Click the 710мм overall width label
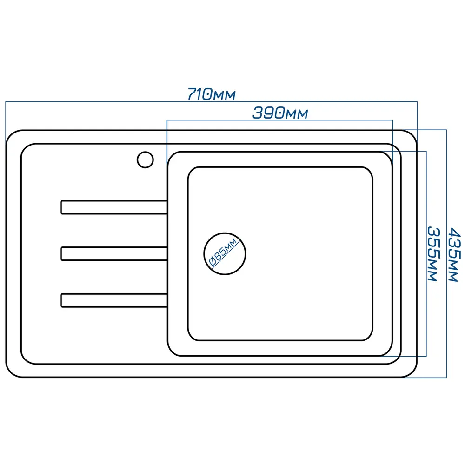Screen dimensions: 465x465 pyautogui.click(x=212, y=94)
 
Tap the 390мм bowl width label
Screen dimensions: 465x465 pyautogui.click(x=280, y=113)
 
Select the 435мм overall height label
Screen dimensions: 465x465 pyautogui.click(x=454, y=254)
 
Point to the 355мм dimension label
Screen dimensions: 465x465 pyautogui.click(x=433, y=253)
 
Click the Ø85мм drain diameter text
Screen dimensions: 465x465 pyautogui.click(x=223, y=252)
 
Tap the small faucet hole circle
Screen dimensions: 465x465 pyautogui.click(x=145, y=160)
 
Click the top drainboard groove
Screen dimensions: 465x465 pyautogui.click(x=114, y=207)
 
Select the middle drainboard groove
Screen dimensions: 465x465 pyautogui.click(x=114, y=253)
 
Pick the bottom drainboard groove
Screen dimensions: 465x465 pyautogui.click(x=114, y=300)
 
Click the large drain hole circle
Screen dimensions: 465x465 pyautogui.click(x=225, y=253)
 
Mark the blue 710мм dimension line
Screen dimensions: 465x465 pyautogui.click(x=212, y=102)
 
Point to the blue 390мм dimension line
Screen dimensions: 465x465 pyautogui.click(x=280, y=120)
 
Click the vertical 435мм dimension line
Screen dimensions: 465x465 pyautogui.click(x=446, y=253)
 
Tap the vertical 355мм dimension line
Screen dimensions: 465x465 pyautogui.click(x=426, y=253)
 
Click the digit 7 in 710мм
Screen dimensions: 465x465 pyautogui.click(x=193, y=94)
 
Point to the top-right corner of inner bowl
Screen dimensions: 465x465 pyautogui.click(x=388, y=156)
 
